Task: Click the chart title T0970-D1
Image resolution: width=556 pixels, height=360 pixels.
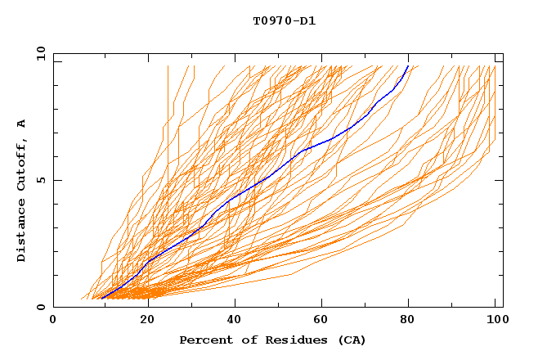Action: click(x=284, y=20)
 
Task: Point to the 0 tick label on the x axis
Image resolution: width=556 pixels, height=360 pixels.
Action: click(x=53, y=320)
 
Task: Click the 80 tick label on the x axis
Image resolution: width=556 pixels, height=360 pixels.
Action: click(x=408, y=320)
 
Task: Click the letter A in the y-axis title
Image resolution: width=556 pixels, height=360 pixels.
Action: click(x=22, y=123)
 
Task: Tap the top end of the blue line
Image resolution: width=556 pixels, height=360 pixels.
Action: click(x=408, y=65)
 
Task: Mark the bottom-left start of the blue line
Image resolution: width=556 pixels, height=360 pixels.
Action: click(x=100, y=298)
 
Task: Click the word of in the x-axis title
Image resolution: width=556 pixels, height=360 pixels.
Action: click(x=242, y=340)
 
